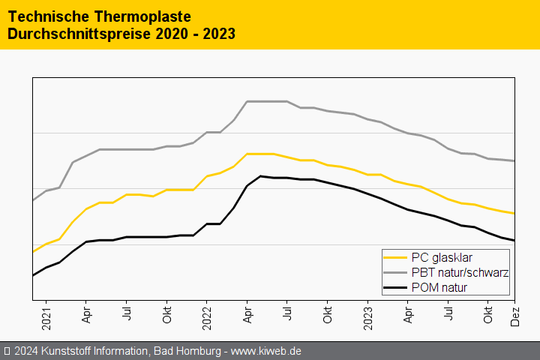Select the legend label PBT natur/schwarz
[460, 272]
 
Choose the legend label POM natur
[439, 287]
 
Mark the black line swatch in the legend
[395, 287]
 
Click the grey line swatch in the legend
[395, 272]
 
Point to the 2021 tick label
[46, 316]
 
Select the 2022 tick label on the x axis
[207, 316]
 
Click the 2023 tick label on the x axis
[368, 316]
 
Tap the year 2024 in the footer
[27, 351]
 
